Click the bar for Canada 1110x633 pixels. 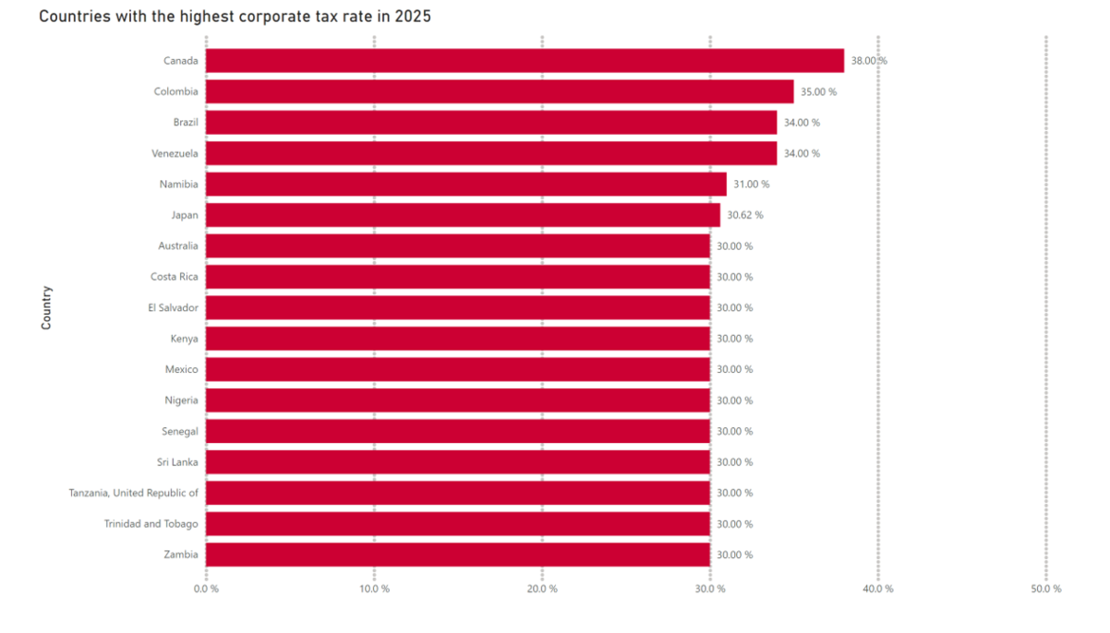(x=525, y=61)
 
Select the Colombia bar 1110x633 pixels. (x=500, y=92)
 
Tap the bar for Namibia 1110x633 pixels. (x=466, y=184)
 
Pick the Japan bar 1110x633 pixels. (x=463, y=215)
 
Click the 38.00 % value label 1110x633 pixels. (x=869, y=61)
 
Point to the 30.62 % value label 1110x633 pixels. (x=745, y=215)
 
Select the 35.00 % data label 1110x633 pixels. (x=819, y=92)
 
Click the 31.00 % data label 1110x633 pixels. (x=751, y=184)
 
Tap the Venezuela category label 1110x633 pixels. (x=175, y=154)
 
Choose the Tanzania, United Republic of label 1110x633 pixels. (x=134, y=493)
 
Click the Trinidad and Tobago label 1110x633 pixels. (x=151, y=524)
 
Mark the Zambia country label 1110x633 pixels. (x=181, y=554)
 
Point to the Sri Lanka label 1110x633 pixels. (x=177, y=462)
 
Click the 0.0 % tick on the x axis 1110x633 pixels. (x=206, y=588)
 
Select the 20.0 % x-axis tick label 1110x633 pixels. (x=542, y=588)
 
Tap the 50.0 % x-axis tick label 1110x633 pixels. (x=1045, y=588)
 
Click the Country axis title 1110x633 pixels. (x=46, y=307)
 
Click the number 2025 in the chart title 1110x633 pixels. (x=413, y=16)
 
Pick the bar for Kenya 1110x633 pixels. (x=457, y=339)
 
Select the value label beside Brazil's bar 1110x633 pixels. (x=802, y=122)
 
